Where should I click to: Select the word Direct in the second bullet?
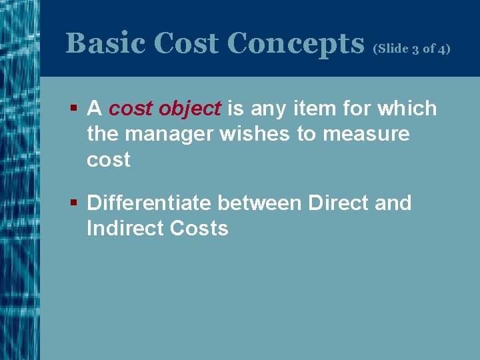click(338, 203)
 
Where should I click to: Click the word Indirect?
click(125, 228)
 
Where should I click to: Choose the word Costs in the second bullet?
click(199, 228)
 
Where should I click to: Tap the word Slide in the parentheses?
click(392, 49)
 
